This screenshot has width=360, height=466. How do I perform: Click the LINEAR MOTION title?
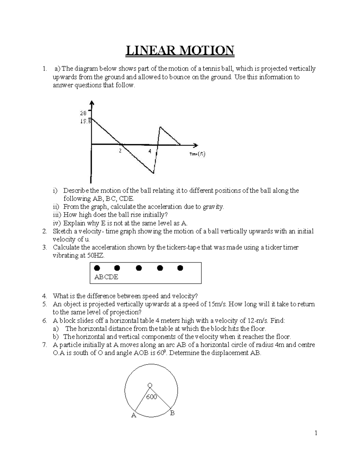[x=179, y=51]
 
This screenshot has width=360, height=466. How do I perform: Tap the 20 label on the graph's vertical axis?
[x=83, y=113]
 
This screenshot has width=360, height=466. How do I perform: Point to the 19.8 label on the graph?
[x=84, y=122]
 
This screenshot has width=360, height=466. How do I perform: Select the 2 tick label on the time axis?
[x=120, y=151]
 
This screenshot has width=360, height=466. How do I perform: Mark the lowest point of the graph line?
[x=154, y=173]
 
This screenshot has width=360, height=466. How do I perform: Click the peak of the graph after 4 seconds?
[x=160, y=127]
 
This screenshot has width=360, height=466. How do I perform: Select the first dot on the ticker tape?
[x=97, y=268]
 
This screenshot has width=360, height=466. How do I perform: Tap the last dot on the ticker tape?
[x=180, y=268]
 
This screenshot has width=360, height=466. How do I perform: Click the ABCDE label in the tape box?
[x=106, y=277]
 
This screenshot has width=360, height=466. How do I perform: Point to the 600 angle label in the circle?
[x=151, y=397]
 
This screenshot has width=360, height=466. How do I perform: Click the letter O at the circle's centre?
[x=150, y=385]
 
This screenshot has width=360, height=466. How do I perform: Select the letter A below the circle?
[x=134, y=416]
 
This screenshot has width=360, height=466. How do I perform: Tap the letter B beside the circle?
[x=172, y=413]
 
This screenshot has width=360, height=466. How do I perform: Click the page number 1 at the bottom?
[x=316, y=433]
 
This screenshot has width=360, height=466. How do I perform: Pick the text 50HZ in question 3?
[x=95, y=256]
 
